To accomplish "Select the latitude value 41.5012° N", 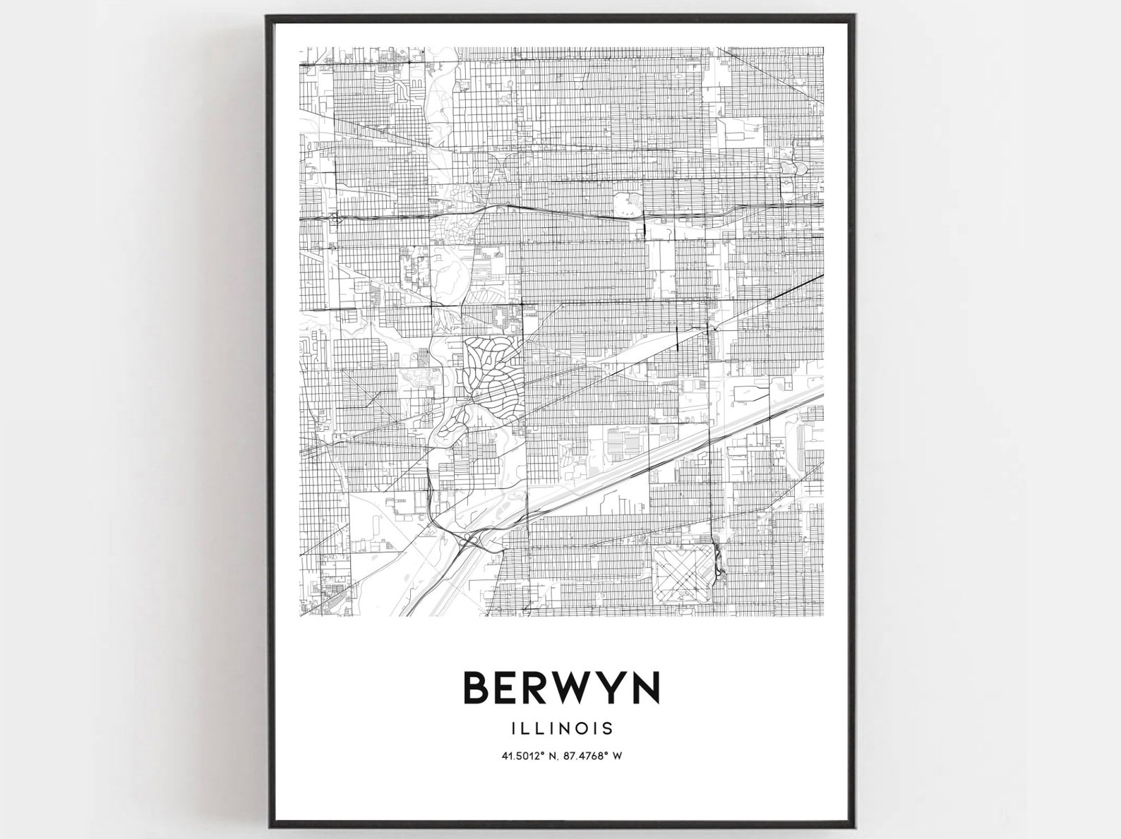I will (529, 756).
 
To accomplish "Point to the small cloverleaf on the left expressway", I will (332, 219).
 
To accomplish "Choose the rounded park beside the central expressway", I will (628, 205).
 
